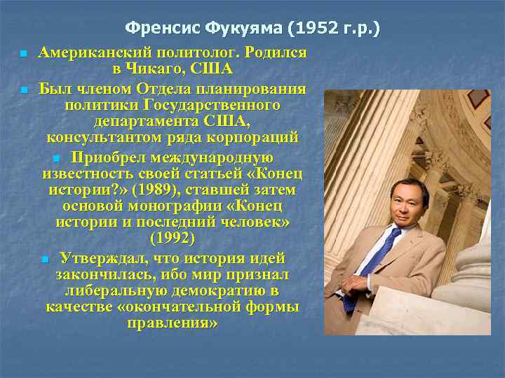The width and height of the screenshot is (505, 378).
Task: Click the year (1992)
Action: coord(172,239)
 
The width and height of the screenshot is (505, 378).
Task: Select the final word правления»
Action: coord(173,323)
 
